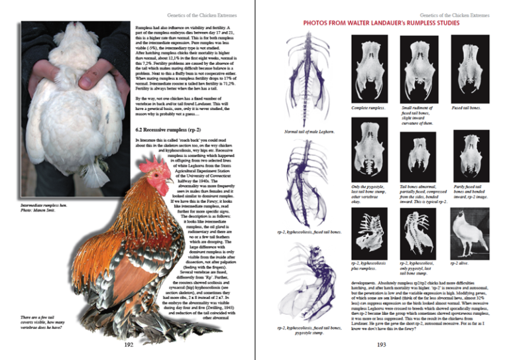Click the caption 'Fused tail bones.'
tap(467, 107)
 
